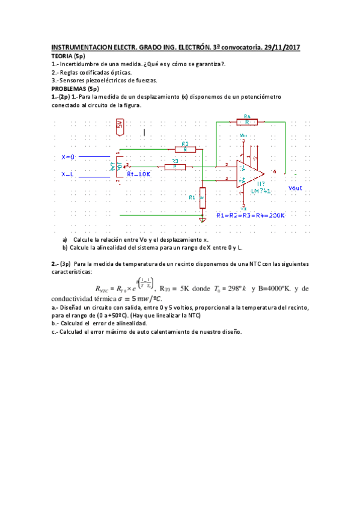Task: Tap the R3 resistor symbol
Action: (x=175, y=166)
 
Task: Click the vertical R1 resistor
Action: (x=203, y=197)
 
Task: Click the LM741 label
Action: (x=261, y=191)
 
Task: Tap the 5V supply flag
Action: (x=120, y=124)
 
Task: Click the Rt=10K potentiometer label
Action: (x=138, y=174)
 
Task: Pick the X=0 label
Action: (x=69, y=157)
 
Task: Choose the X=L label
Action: (x=68, y=174)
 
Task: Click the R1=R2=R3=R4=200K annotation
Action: (x=250, y=215)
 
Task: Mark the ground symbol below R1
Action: (x=203, y=220)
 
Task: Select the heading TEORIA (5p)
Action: (x=68, y=55)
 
